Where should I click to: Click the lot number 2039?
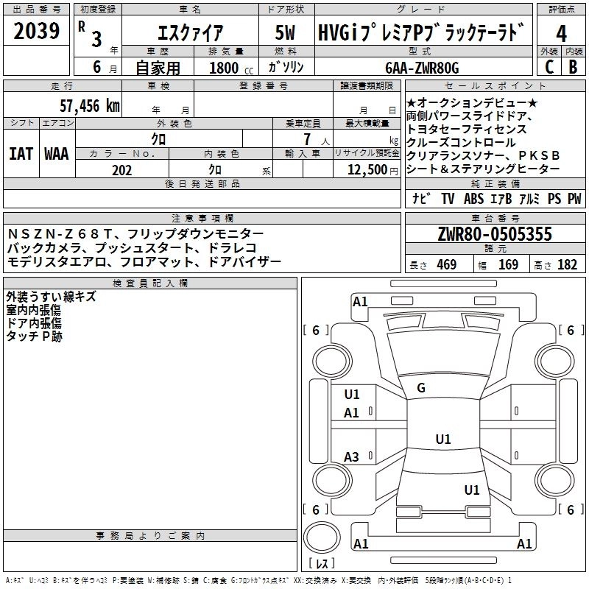tap(37, 32)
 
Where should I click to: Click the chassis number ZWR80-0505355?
tap(495, 235)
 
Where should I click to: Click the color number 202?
tap(122, 171)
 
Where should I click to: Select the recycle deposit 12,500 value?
tap(366, 171)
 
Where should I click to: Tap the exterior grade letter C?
tap(549, 68)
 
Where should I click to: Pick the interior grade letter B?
tap(574, 68)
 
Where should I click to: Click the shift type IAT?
tap(21, 154)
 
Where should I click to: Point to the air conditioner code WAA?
tap(56, 154)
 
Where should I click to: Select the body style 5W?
tap(286, 32)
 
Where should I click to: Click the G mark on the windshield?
tap(421, 387)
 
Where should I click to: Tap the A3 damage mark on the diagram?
tap(352, 457)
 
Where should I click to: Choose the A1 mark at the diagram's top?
tap(360, 301)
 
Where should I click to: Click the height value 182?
tap(568, 265)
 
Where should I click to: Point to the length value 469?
tap(446, 265)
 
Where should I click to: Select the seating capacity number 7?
tap(303, 138)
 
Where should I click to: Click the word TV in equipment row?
tap(448, 198)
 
